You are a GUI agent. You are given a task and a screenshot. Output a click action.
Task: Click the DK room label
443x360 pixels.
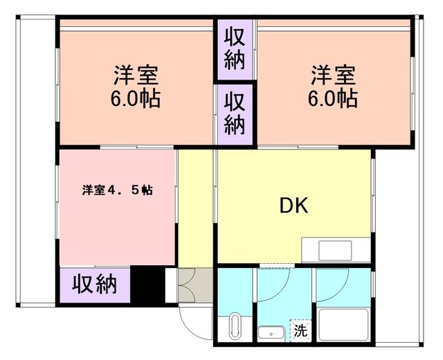coord(293,206)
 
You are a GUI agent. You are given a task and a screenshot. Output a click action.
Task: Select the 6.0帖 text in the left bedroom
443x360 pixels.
coord(136,99)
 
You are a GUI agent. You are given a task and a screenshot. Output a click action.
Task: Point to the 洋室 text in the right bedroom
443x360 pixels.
coord(333,73)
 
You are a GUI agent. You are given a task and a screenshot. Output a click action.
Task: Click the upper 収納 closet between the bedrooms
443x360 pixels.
coord(235,46)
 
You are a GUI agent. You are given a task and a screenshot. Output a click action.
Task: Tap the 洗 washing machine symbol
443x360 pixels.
coord(300,331)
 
